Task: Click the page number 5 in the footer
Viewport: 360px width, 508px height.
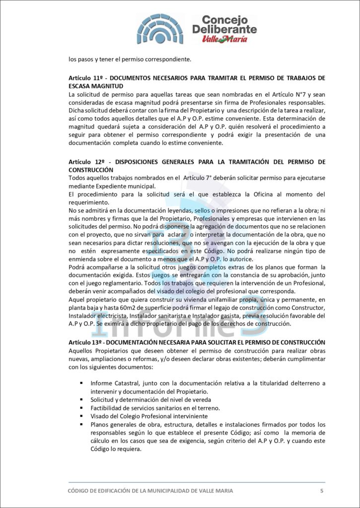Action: coord(322,491)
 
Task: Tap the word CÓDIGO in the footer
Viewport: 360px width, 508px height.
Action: coord(81,491)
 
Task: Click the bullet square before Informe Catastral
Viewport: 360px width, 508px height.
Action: coord(81,383)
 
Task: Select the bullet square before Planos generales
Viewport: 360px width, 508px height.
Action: coord(81,424)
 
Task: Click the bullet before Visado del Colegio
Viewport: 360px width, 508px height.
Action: coord(81,416)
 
